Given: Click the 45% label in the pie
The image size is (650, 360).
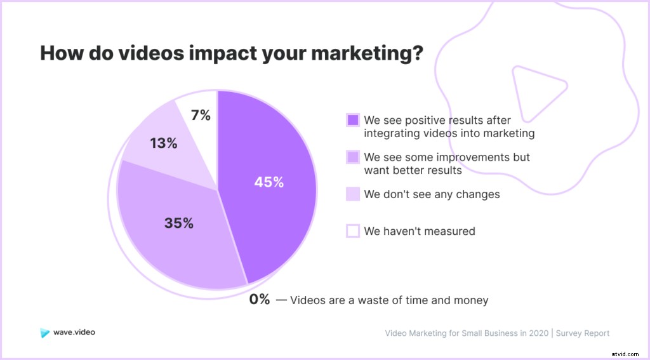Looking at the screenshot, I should pyautogui.click(x=269, y=182).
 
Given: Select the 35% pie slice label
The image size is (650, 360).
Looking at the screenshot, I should pyautogui.click(x=178, y=223).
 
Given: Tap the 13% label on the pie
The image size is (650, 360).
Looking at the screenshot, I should pyautogui.click(x=163, y=143).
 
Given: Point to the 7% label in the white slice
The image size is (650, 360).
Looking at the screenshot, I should pyautogui.click(x=201, y=116).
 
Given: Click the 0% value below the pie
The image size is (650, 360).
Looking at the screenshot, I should pyautogui.click(x=260, y=300).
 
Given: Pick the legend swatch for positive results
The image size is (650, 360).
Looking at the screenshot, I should pyautogui.click(x=353, y=120).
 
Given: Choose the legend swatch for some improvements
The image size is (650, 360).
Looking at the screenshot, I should pyautogui.click(x=353, y=157).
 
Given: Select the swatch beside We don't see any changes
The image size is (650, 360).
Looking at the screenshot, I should pyautogui.click(x=353, y=194).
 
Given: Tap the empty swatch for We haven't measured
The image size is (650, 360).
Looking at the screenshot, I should pyautogui.click(x=353, y=231).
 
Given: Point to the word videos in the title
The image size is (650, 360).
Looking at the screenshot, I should pyautogui.click(x=147, y=53).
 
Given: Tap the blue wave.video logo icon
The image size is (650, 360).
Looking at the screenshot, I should pyautogui.click(x=44, y=332).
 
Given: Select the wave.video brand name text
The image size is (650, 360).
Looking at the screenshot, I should pyautogui.click(x=74, y=332).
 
